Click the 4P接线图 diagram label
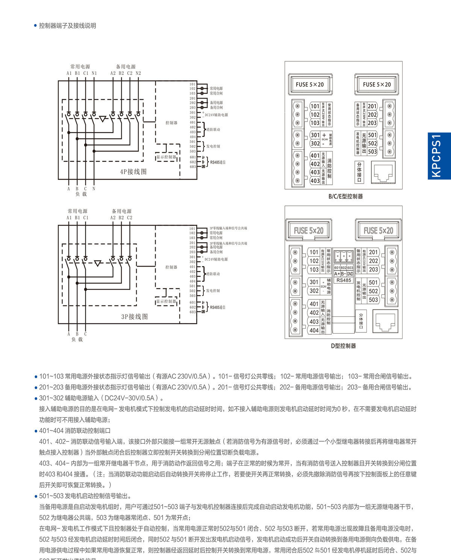click(133, 172)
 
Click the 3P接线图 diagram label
click(134, 317)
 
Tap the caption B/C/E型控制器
click(345, 196)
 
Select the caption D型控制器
click(343, 346)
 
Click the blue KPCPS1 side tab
click(439, 156)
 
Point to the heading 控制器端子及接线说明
click(68, 26)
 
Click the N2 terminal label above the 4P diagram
click(138, 73)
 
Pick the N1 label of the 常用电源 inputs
click(94, 73)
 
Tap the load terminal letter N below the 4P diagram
click(94, 189)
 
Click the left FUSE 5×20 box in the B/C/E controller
click(309, 85)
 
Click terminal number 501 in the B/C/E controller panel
click(372, 135)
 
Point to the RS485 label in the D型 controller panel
click(344, 280)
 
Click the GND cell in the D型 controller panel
click(350, 274)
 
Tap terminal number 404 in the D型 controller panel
click(314, 330)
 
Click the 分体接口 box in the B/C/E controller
click(359, 172)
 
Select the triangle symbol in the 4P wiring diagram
click(102, 119)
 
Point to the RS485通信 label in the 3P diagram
click(218, 307)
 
